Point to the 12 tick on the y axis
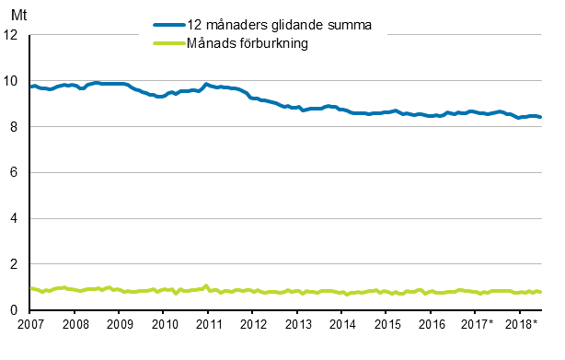(12, 35)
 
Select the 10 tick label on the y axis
(12, 81)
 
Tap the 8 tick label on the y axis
(15, 127)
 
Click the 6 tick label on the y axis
(15, 173)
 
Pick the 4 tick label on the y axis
(15, 219)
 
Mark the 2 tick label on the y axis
(15, 265)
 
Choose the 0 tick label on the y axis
(15, 311)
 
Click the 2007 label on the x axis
(30, 325)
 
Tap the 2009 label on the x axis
(120, 325)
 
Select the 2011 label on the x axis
(208, 325)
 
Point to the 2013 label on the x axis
(297, 325)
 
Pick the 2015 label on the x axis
(386, 325)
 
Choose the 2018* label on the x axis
(522, 325)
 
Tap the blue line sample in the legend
(174, 26)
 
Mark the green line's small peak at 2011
(206, 285)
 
